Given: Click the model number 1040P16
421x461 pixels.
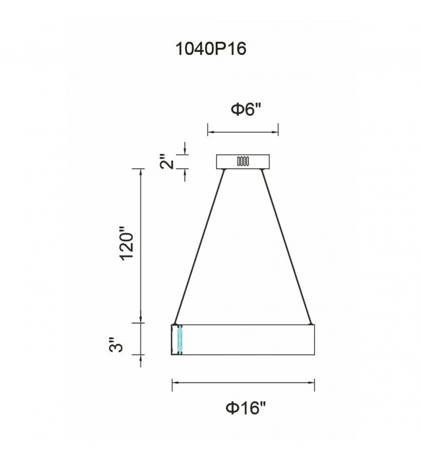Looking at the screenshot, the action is click(210, 48).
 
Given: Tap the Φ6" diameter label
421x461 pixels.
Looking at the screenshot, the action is click(246, 109).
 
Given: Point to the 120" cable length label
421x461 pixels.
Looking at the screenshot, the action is click(127, 243).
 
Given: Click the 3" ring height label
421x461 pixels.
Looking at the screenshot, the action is click(115, 345).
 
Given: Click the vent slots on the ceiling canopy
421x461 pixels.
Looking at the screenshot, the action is click(243, 161).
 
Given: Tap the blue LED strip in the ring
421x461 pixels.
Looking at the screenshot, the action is click(179, 339).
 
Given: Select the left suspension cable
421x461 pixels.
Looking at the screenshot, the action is click(199, 247).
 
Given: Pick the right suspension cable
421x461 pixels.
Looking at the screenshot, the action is click(287, 247).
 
